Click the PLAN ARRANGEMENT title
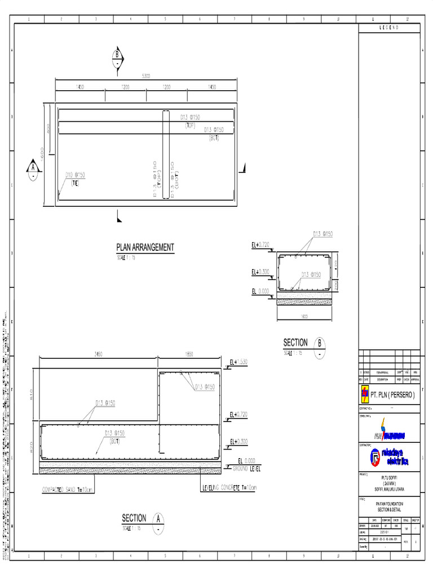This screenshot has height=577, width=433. tap(145, 247)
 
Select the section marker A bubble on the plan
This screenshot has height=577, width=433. tap(33, 169)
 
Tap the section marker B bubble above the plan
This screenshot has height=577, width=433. tap(117, 59)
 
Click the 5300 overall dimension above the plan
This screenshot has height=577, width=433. tap(145, 76)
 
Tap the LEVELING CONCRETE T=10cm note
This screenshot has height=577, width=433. tap(229, 487)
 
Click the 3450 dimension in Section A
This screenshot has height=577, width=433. tap(98, 354)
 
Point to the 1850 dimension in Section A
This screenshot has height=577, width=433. tap(189, 354)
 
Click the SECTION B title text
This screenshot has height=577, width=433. tap(295, 343)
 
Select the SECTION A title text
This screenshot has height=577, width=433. tap(134, 518)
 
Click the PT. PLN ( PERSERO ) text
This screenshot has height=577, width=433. tap(392, 395)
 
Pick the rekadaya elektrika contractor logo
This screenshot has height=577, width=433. tap(389, 457)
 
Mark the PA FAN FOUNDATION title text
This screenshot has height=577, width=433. tap(389, 504)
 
